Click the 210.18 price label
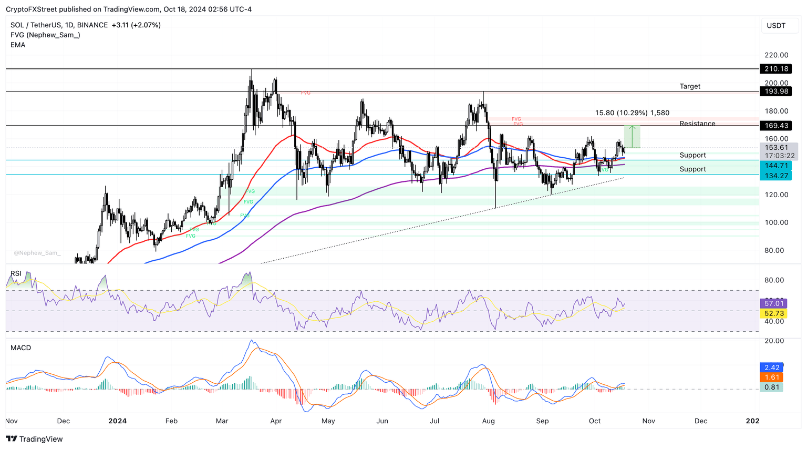coord(775,69)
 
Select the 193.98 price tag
coord(775,91)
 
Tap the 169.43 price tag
coord(775,126)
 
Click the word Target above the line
coord(690,86)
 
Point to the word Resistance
coord(697,124)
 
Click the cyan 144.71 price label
coord(775,166)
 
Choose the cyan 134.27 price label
coord(775,176)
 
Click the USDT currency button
coord(776,26)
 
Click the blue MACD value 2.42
coord(772,368)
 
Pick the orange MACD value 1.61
coord(772,377)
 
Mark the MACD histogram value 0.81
coord(772,387)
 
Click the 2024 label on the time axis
coord(117,421)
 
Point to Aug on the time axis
coord(489,421)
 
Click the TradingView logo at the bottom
coord(34,439)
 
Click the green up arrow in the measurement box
coord(633,128)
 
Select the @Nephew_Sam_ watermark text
coord(37,253)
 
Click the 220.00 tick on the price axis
coord(776,55)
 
